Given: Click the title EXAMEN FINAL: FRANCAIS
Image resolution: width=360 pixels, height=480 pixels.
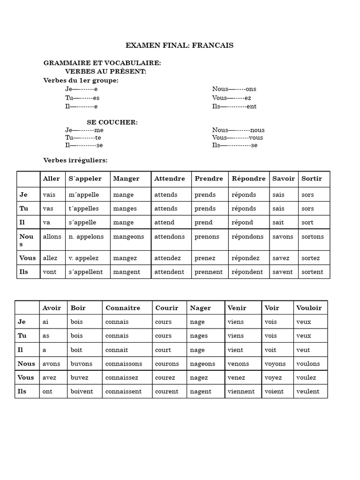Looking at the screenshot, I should (180, 45).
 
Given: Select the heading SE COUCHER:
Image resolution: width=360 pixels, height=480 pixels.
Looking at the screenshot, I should (112, 122).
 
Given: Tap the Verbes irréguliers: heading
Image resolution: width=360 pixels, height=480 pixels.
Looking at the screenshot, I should (75, 160).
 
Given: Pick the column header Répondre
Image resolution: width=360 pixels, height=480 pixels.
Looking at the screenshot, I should (248, 179).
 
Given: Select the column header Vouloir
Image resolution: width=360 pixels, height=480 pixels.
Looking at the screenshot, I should (309, 308).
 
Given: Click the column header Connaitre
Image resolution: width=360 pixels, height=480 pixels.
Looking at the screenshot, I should (123, 308).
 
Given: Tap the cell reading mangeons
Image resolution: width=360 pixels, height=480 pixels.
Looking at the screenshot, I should (129, 237).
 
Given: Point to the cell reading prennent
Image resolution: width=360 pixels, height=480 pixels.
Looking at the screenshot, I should (209, 272).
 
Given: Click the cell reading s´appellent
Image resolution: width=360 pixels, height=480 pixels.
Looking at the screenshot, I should (86, 272).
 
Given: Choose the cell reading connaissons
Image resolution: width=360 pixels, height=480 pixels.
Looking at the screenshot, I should (125, 364).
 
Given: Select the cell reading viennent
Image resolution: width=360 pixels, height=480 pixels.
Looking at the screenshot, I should (241, 391).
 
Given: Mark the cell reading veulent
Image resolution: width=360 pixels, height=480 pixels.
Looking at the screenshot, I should (308, 391).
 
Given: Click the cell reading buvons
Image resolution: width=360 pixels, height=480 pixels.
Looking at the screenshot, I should (82, 364).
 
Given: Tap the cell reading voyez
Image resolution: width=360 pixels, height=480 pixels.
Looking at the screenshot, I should (273, 377).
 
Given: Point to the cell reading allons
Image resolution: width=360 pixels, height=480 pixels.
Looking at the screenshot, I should (52, 237).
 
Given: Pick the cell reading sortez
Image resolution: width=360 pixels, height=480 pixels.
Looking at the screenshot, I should (311, 258).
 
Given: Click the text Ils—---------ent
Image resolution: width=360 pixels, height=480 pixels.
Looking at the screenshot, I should (234, 106).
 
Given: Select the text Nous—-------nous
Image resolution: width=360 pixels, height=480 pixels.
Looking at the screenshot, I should (238, 130).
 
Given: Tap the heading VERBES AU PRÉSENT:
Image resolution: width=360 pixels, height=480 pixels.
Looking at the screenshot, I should (106, 71).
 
